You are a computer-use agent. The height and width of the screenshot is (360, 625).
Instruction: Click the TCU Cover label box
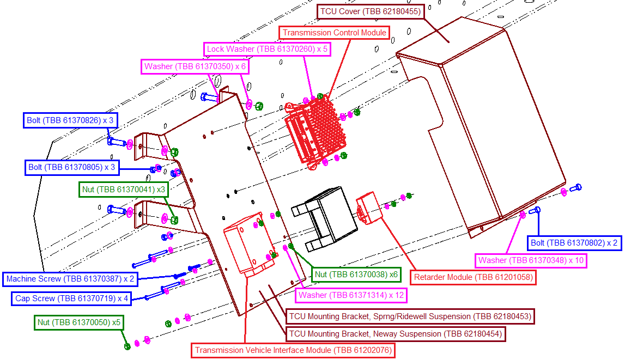(370, 11)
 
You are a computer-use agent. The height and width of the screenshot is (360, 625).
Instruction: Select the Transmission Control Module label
(335, 33)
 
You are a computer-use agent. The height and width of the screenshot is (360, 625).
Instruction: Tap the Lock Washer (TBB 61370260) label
(267, 49)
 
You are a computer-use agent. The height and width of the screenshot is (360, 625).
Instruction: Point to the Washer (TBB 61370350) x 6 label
(195, 66)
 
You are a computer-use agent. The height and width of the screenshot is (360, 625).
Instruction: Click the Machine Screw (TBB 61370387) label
(70, 279)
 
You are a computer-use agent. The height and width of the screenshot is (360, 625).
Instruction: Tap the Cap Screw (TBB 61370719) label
(71, 298)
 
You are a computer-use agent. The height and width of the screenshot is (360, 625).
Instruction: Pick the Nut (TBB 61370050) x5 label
(78, 322)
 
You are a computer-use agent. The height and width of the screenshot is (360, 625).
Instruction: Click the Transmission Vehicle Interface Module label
(293, 350)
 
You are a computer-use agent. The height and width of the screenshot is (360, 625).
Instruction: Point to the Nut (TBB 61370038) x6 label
(356, 274)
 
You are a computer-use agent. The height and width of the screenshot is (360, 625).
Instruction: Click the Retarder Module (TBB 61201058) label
(473, 277)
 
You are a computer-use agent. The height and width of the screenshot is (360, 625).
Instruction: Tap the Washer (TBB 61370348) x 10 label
(531, 260)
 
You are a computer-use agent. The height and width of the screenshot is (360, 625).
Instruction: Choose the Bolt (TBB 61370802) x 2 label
(574, 242)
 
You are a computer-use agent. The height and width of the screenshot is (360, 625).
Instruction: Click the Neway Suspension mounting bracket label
(395, 333)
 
